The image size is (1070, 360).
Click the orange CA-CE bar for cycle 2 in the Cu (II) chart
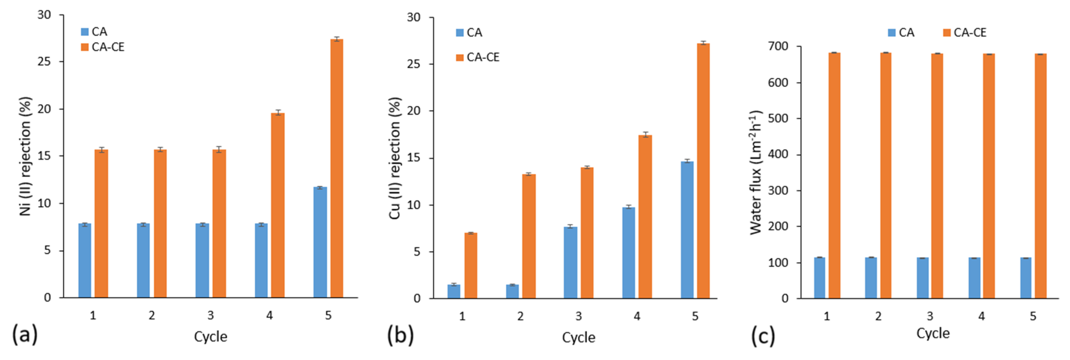pyautogui.click(x=529, y=236)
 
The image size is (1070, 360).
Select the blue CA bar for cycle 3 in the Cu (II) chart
pyautogui.click(x=570, y=263)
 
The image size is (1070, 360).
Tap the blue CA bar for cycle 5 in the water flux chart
pyautogui.click(x=1026, y=278)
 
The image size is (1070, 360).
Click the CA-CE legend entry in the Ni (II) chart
pyautogui.click(x=103, y=47)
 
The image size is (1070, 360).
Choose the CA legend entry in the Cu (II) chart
pyautogui.click(x=469, y=32)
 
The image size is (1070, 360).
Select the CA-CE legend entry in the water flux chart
pyautogui.click(x=965, y=32)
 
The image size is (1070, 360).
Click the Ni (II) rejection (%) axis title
pyautogui.click(x=26, y=156)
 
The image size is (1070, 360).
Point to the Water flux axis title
pyautogui.click(x=756, y=172)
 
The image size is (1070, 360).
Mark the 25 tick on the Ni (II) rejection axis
pyautogui.click(x=44, y=61)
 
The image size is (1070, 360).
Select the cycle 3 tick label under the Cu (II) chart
pyautogui.click(x=579, y=316)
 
